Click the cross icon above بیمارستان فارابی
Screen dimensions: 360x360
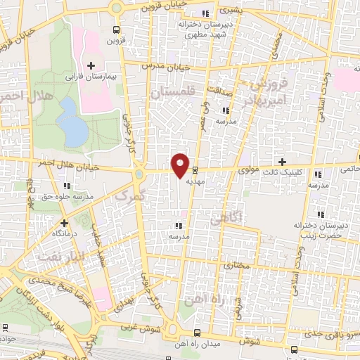tap(90, 65)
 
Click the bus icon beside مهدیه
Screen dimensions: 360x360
tap(195, 169)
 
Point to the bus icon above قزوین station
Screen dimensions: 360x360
tap(116, 30)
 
